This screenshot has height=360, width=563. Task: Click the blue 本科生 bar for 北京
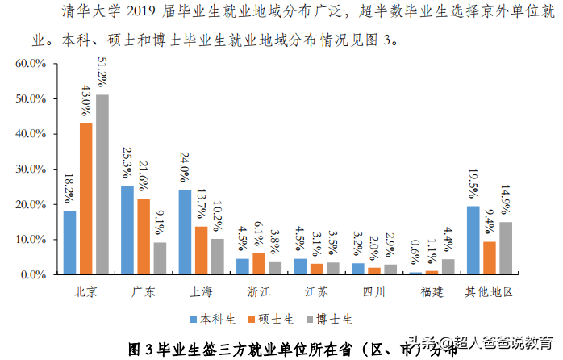point(69,242)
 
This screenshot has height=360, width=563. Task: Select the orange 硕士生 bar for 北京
point(85,199)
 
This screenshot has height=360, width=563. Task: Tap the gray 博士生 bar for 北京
point(102,184)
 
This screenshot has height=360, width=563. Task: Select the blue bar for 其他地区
point(473,241)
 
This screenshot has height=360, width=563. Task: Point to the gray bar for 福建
point(448,266)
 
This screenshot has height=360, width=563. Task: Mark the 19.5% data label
point(473,186)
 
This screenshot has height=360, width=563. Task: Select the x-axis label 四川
point(373,291)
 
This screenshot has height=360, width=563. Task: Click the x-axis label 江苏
point(316,291)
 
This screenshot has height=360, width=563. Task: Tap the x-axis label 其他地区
point(488,291)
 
